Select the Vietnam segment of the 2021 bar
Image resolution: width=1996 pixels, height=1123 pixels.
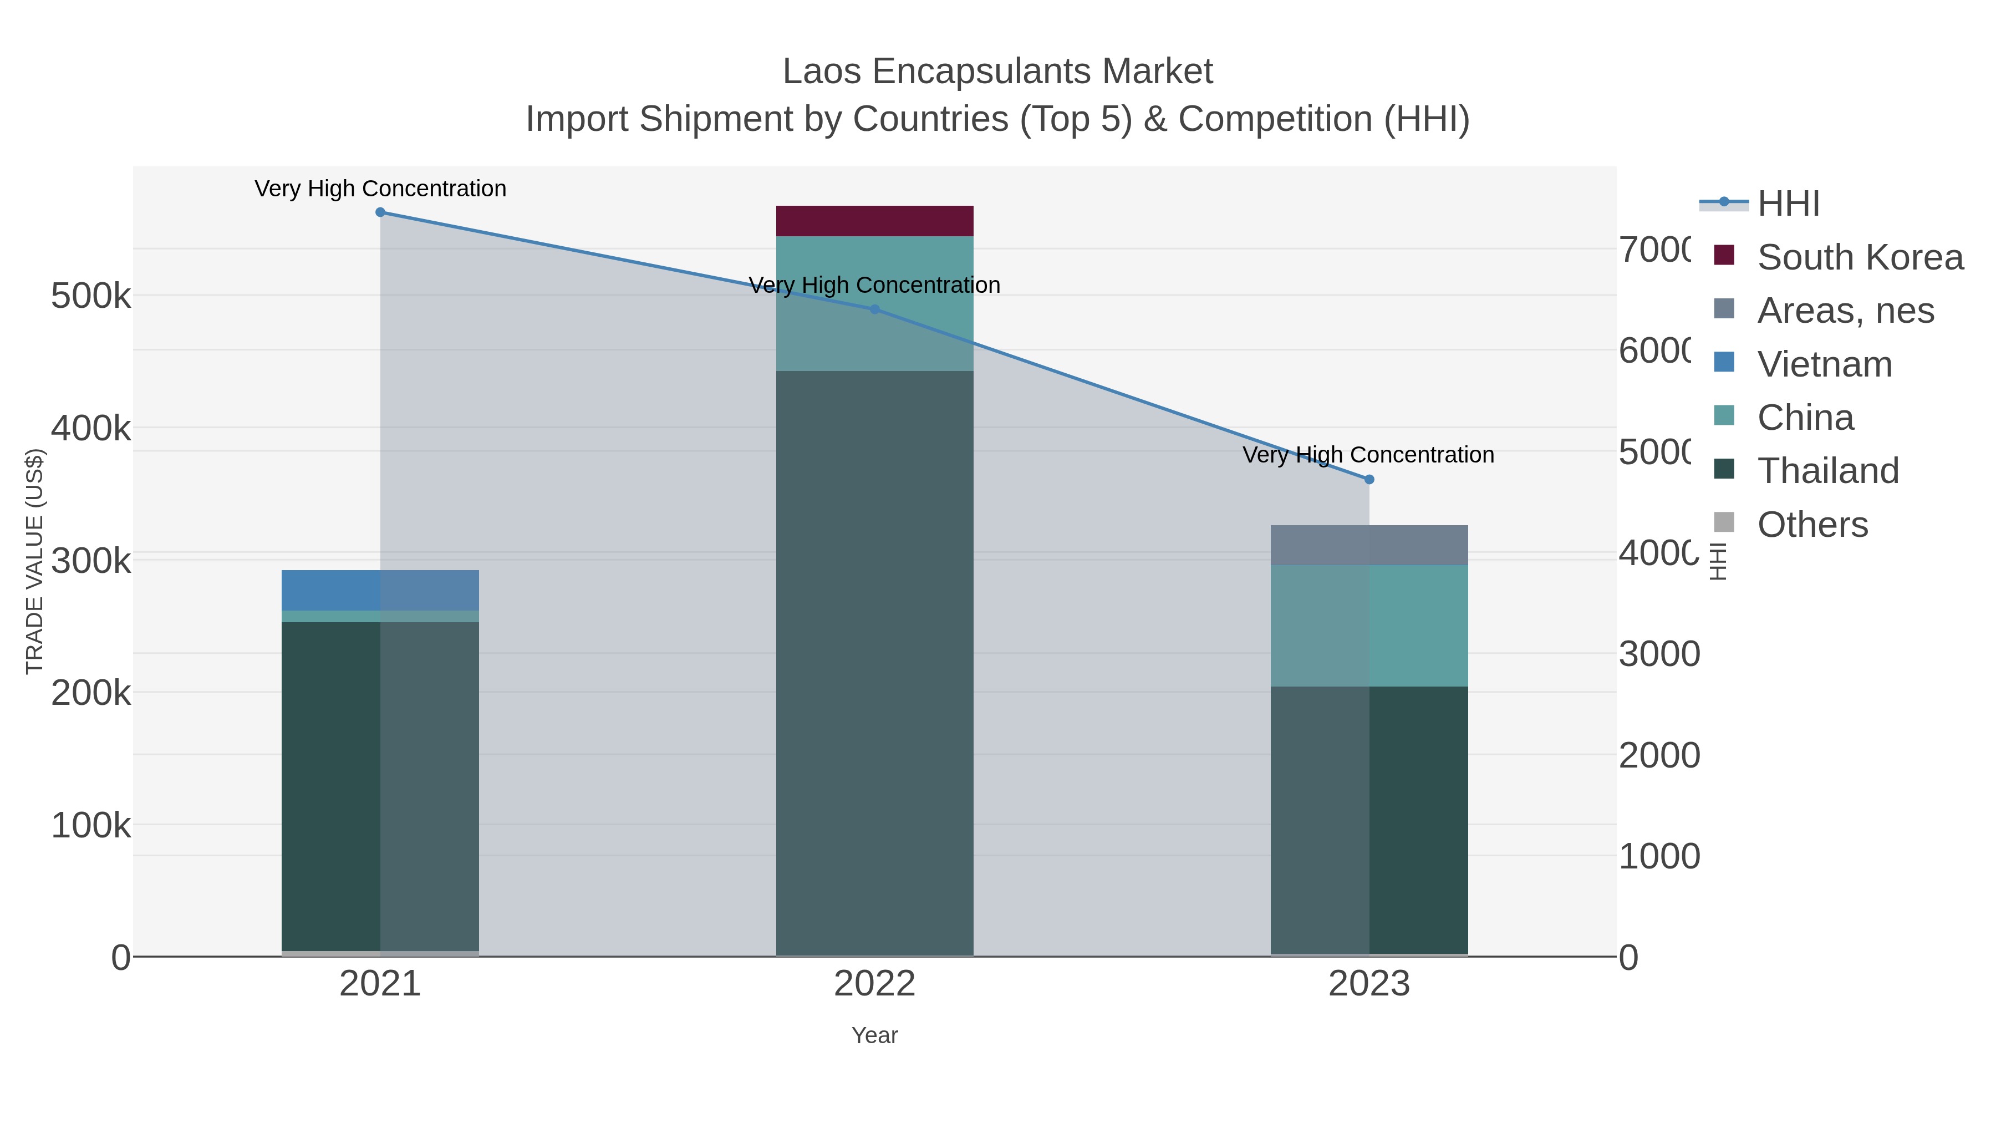click(x=380, y=590)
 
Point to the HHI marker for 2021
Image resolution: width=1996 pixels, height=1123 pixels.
click(x=380, y=212)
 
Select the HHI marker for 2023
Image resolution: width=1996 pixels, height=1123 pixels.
click(x=1368, y=480)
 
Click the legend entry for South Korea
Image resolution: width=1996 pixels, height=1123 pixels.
click(x=1860, y=257)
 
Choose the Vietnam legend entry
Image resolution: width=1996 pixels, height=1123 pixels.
click(x=1824, y=364)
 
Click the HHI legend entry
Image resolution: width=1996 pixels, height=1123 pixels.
click(x=1788, y=204)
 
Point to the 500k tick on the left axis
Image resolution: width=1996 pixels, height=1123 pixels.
click(x=91, y=296)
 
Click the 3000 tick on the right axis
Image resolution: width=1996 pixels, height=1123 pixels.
click(x=1659, y=654)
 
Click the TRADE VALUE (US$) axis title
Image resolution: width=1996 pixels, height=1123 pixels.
click(x=35, y=561)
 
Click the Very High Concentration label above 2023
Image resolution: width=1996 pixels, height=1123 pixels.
click(x=1368, y=455)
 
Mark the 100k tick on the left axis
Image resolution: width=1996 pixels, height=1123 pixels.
click(x=91, y=825)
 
